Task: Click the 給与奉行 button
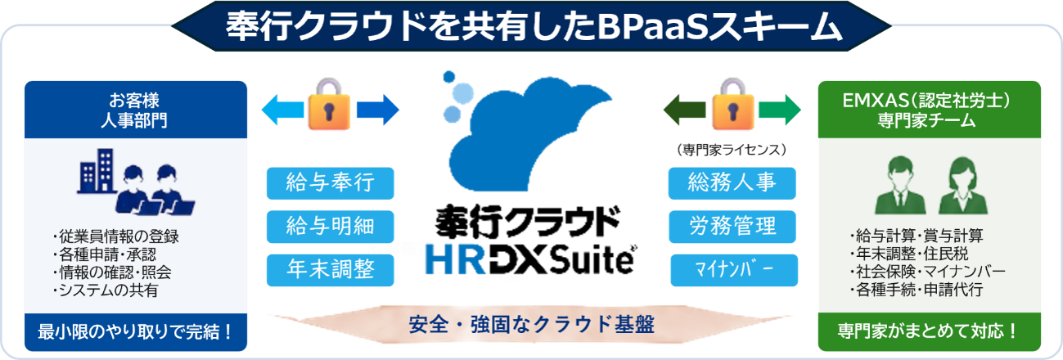(x=331, y=183)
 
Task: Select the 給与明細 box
(x=331, y=227)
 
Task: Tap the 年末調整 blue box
(x=331, y=270)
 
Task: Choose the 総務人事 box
(x=732, y=183)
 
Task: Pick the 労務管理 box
(x=732, y=227)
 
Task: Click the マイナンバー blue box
(x=734, y=270)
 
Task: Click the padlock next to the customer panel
(x=329, y=104)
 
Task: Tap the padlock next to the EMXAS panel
(x=732, y=104)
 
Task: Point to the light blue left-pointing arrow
(x=283, y=110)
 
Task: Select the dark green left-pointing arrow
(x=684, y=110)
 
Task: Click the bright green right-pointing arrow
(x=780, y=110)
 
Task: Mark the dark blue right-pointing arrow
(x=378, y=110)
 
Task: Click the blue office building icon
(x=97, y=171)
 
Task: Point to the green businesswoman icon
(x=962, y=185)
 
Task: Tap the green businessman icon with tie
(x=900, y=185)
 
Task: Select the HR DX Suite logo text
(x=530, y=259)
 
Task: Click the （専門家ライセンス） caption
(x=732, y=150)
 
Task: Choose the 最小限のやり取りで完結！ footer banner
(x=136, y=332)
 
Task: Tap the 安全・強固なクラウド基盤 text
(x=532, y=325)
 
